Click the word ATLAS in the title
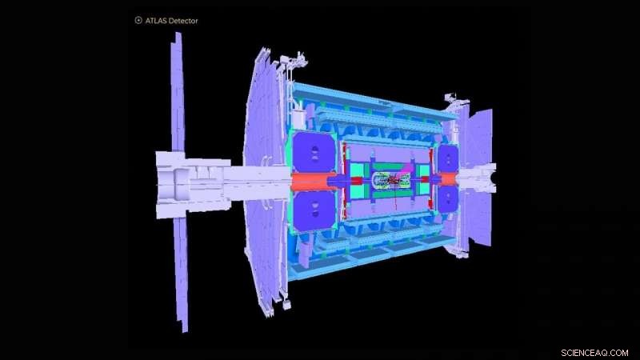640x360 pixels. [x=158, y=20]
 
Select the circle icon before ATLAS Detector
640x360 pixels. [x=138, y=20]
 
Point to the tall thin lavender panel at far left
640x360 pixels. [x=178, y=184]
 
